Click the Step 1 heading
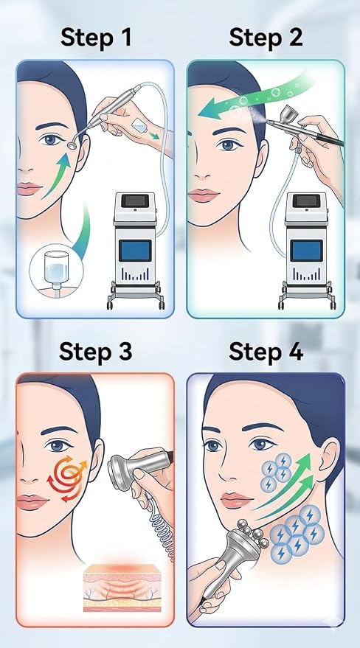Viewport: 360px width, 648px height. pyautogui.click(x=97, y=37)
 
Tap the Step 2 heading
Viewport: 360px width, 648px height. pyautogui.click(x=266, y=37)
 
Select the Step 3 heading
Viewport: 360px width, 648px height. pyautogui.click(x=96, y=352)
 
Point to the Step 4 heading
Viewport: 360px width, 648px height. pyautogui.click(x=266, y=352)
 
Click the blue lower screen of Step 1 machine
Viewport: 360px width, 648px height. pyautogui.click(x=135, y=251)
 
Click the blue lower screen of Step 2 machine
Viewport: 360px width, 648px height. pyautogui.click(x=306, y=251)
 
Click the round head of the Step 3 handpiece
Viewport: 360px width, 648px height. pyautogui.click(x=118, y=467)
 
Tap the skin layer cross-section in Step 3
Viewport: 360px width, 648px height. pyautogui.click(x=122, y=588)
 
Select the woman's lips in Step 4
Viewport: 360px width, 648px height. pyautogui.click(x=235, y=500)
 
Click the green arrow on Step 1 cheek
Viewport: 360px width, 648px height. pyautogui.click(x=57, y=175)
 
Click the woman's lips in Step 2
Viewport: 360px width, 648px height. pyautogui.click(x=203, y=195)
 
